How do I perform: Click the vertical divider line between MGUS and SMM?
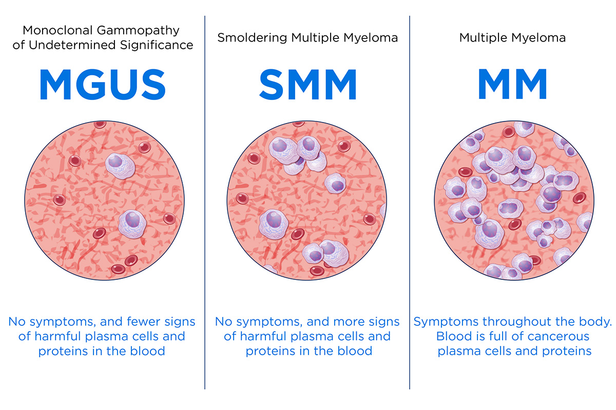(205, 205)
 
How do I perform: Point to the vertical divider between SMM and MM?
(410, 205)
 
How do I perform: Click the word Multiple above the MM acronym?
(485, 38)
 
